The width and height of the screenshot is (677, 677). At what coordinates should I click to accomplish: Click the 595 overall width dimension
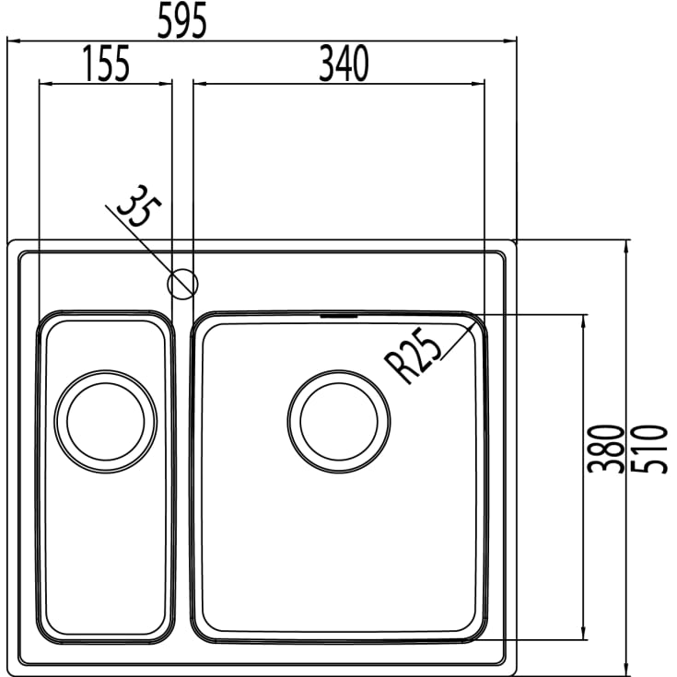pos(181,20)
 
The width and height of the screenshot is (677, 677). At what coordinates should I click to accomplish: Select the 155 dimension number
pos(106,64)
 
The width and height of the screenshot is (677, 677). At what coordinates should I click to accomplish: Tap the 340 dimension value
pos(344,64)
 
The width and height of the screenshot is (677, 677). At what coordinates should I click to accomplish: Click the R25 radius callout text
pos(414,355)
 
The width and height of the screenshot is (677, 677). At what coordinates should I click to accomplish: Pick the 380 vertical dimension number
pos(607,449)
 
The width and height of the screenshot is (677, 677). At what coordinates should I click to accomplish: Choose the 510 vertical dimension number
pos(649,449)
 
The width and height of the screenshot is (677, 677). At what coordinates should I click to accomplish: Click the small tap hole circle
pos(182,284)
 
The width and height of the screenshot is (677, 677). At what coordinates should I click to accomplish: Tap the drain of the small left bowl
pos(106,421)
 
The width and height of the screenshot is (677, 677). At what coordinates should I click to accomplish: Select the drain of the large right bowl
pos(339,421)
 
